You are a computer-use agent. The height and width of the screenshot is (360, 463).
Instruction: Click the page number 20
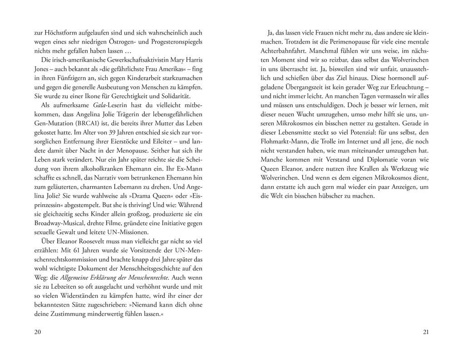[x=38, y=332]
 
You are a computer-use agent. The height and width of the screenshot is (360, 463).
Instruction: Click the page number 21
[x=425, y=332]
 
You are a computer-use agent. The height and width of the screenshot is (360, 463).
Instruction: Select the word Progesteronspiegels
[x=175, y=42]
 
